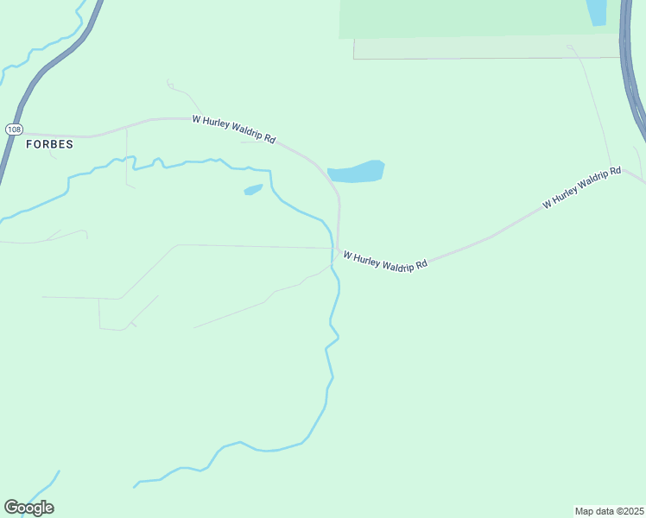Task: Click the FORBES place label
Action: [48, 144]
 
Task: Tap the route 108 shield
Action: [13, 129]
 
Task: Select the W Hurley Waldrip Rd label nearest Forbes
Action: [233, 129]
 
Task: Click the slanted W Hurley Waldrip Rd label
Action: [581, 187]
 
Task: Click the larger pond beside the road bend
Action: [357, 172]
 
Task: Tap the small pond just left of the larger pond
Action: [253, 189]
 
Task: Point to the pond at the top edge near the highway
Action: [596, 11]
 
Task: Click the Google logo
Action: [28, 508]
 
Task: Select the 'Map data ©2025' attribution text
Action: [609, 510]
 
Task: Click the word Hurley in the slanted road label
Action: [567, 193]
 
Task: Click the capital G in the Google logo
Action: [11, 508]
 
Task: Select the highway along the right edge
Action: [630, 69]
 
